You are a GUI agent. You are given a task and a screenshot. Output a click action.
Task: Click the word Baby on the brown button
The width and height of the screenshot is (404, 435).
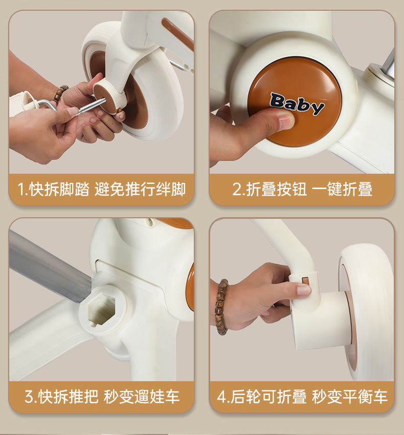297,104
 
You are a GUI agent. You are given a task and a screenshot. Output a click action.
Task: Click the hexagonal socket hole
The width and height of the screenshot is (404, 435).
101,309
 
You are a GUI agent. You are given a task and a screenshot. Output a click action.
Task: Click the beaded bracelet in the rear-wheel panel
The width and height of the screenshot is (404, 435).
222,306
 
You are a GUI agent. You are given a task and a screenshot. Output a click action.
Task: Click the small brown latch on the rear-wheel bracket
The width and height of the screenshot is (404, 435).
305,281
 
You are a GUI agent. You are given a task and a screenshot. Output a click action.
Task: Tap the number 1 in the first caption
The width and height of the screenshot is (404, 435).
21,190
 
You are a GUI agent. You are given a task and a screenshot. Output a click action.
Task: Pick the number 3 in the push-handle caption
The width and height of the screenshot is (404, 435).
29,397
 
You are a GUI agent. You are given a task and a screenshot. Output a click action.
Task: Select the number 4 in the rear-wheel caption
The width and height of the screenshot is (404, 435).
221,397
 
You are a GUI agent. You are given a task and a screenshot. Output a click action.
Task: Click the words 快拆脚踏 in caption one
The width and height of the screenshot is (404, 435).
59,190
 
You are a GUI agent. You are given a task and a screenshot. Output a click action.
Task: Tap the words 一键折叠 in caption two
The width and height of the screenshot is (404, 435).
342,189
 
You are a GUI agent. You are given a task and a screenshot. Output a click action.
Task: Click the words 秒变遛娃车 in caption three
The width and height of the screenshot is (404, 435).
142,397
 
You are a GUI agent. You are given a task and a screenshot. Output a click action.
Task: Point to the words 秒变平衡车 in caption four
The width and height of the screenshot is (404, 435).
349,397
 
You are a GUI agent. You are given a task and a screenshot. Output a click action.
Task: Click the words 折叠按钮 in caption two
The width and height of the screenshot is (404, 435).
276,189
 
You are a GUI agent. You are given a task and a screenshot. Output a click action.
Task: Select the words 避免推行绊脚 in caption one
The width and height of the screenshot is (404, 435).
140,190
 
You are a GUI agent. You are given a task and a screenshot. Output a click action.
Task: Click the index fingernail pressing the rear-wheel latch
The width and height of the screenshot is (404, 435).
304,291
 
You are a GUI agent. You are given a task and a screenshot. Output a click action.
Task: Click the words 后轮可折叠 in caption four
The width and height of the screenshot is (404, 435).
268,397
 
